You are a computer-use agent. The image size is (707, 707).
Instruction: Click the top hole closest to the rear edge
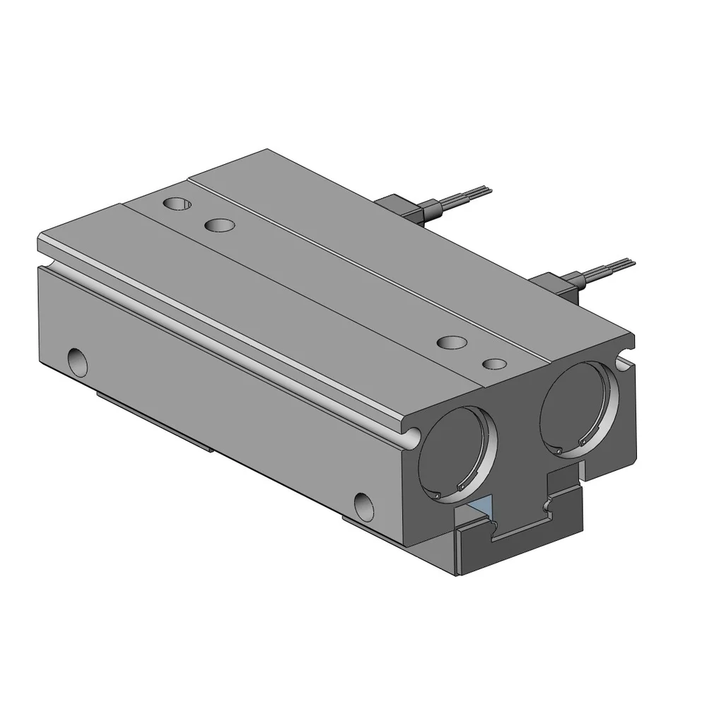coord(176,204)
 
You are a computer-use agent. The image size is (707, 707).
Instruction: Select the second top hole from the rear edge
coord(219,226)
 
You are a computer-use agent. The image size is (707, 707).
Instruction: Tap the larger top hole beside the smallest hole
coord(453,342)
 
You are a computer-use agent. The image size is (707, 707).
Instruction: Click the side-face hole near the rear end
coord(78,361)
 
